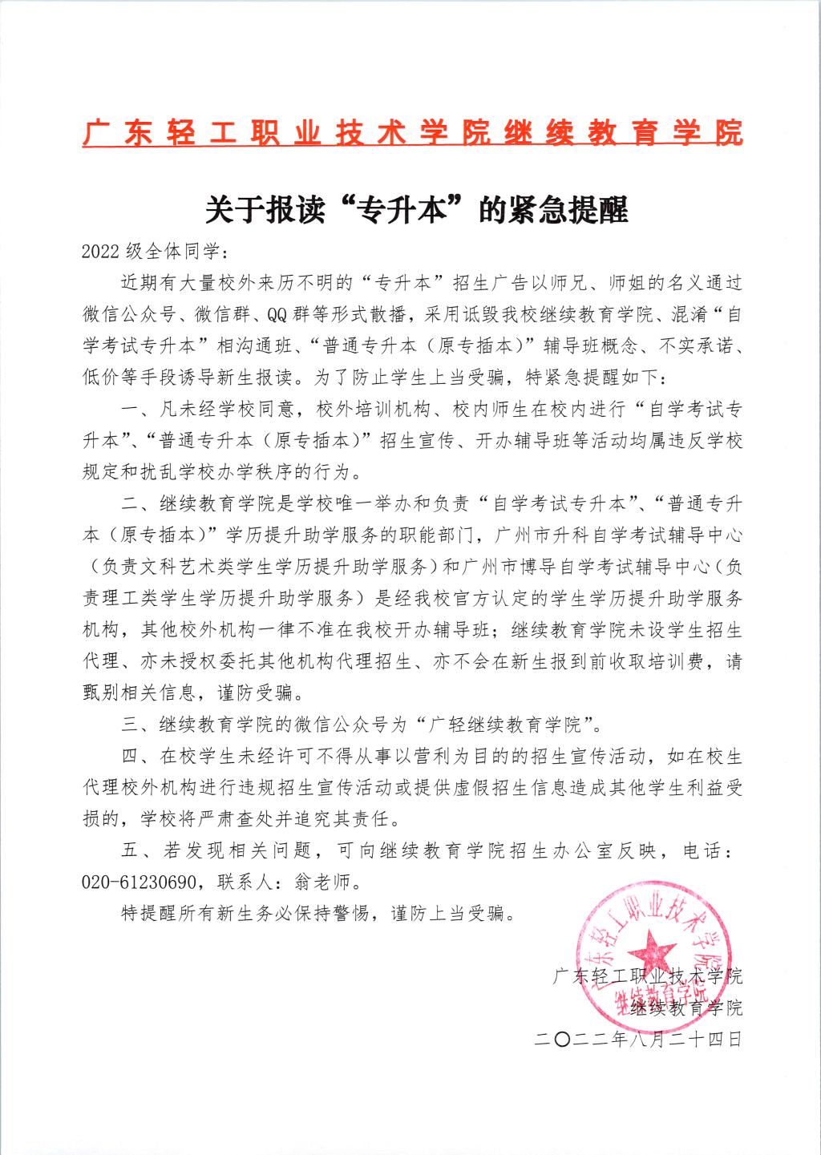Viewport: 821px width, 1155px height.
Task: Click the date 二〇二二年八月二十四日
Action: coord(638,1040)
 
